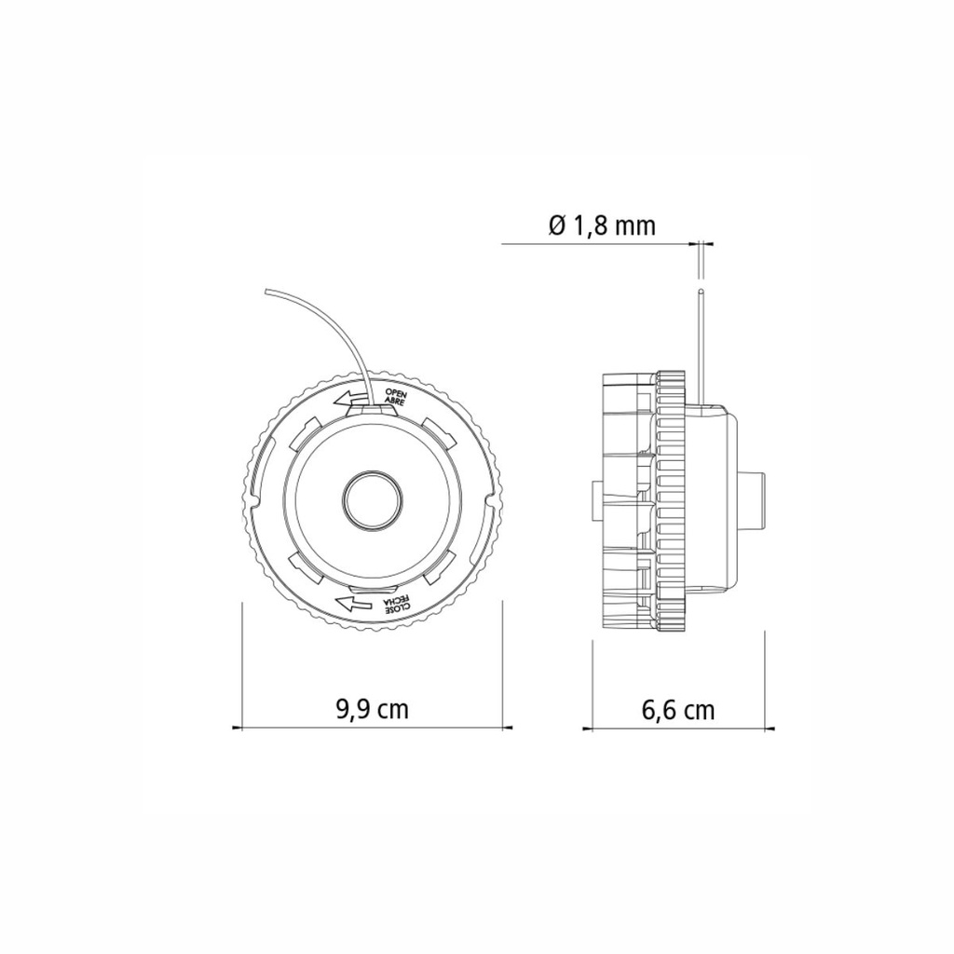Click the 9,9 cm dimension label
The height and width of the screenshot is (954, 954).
pos(372,709)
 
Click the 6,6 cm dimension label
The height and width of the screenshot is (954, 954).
pos(677,710)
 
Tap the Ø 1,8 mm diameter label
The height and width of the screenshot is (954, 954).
pos(602,225)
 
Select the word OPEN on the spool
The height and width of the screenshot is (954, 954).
pos(396,394)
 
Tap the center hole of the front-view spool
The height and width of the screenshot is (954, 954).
pos(373,501)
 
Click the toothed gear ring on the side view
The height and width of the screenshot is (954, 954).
pos(671,501)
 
